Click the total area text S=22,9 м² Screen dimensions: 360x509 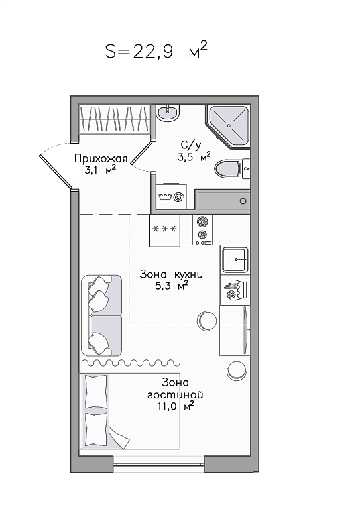156,51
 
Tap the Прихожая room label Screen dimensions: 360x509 101,158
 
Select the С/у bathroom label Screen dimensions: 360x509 191,144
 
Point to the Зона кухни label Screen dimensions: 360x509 171,274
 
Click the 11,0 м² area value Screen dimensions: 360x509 176,406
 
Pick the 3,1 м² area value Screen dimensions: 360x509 100,170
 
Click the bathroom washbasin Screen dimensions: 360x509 168,113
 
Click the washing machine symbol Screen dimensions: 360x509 171,196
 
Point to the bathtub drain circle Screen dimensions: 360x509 243,201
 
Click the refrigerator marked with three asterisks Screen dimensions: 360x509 164,230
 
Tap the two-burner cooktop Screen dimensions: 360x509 202,229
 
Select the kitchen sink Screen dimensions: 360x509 235,259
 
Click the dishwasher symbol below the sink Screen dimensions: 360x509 235,290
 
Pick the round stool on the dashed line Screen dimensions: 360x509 207,321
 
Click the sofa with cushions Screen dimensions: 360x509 101,315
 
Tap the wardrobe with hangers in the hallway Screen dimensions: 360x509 115,119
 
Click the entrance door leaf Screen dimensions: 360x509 56,172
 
